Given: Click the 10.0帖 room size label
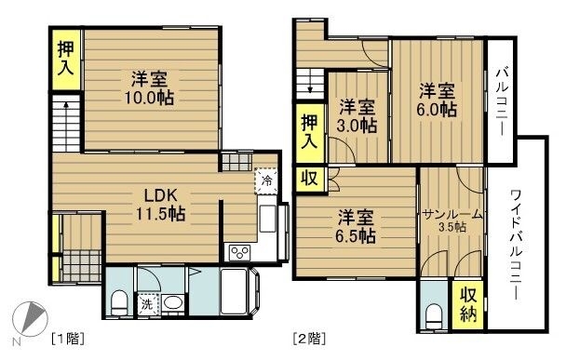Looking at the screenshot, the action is [149, 98].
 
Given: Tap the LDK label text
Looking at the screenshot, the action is [161, 195].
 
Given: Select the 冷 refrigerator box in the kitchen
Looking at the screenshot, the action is [267, 180].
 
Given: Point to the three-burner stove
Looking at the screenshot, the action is [239, 252].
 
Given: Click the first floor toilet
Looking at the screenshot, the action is [118, 303].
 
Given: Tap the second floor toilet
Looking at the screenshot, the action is [433, 316].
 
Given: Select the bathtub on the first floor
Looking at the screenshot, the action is [235, 291].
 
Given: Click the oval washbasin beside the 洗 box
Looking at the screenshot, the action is [172, 303].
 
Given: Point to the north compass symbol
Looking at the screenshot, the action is [29, 319].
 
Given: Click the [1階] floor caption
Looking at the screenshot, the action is [68, 339].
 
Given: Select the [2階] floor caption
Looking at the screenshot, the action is [309, 339].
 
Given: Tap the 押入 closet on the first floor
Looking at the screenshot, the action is [66, 60].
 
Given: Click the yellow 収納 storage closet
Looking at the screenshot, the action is [468, 304].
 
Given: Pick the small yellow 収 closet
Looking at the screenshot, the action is [309, 179].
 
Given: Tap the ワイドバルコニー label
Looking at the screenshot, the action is [519, 246].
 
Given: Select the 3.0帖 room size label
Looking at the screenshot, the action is [357, 126].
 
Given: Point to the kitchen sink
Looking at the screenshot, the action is [267, 219].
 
